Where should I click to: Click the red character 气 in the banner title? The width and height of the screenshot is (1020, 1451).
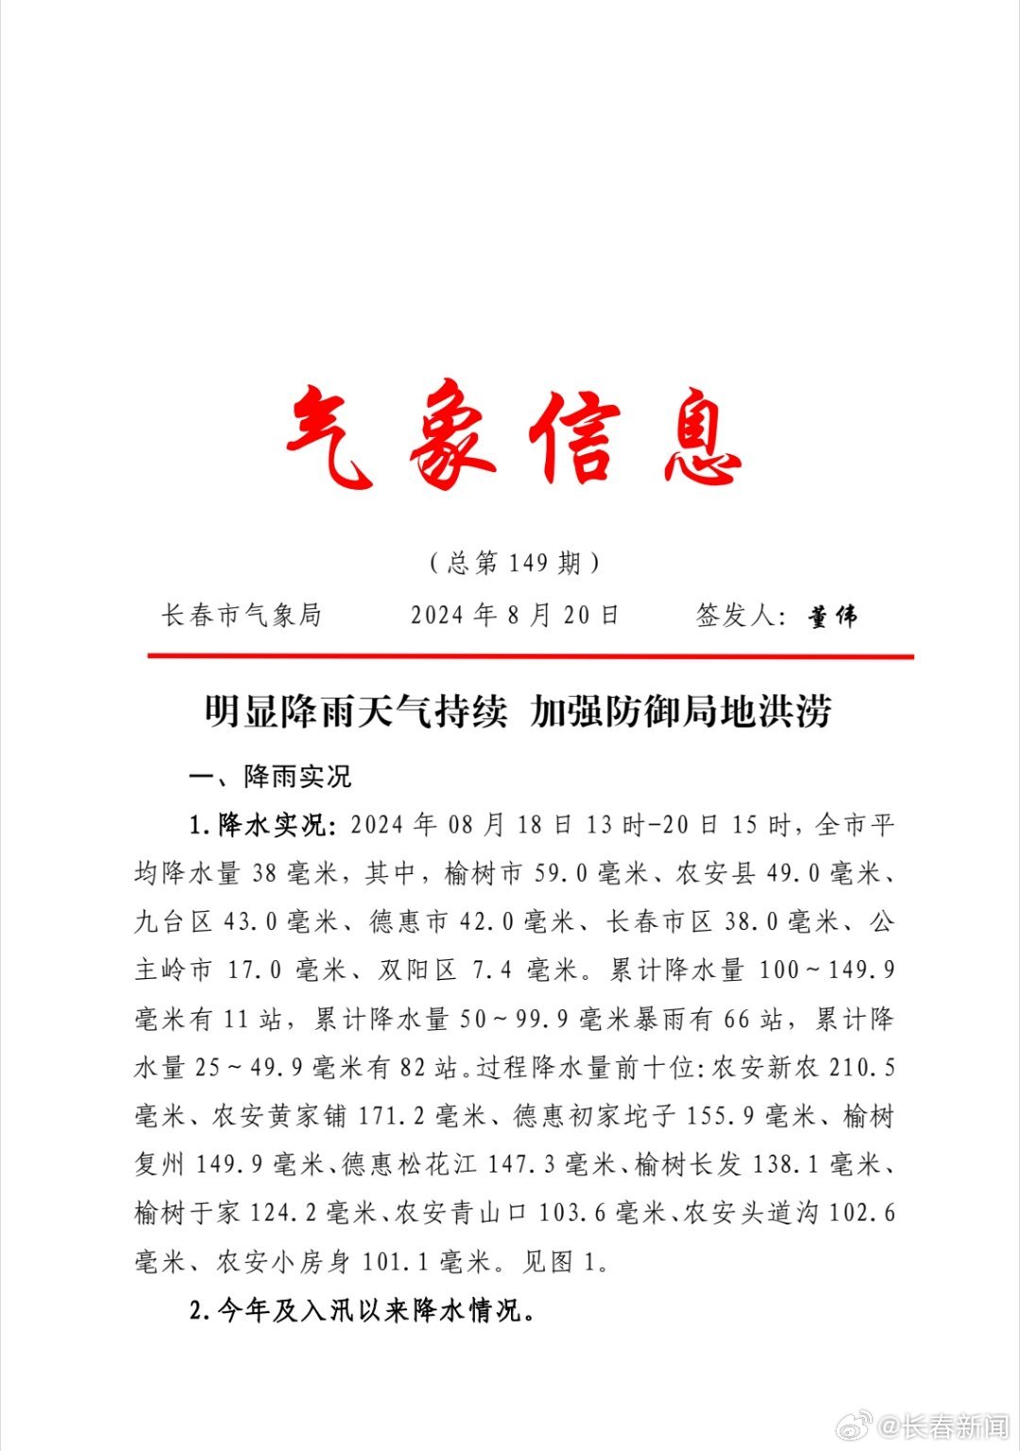329,435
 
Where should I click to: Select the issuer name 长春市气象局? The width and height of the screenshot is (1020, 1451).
242,616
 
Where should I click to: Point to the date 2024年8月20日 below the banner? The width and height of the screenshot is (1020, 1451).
515,616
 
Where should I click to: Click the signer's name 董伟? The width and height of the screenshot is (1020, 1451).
833,617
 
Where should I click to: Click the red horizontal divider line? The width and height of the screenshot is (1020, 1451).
530,656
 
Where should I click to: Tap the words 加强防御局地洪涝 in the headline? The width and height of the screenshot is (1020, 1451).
681,711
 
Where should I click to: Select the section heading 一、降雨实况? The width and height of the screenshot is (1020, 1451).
270,777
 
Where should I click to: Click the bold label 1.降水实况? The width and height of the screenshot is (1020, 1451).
261,825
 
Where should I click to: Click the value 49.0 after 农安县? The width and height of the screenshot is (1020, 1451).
794,873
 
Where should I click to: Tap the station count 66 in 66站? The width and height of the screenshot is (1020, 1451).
737,1019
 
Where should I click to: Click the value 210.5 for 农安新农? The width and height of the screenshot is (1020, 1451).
861,1068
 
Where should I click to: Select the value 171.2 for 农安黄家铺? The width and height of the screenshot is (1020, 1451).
391,1117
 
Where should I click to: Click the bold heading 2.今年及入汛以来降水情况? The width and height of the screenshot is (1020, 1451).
362,1311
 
